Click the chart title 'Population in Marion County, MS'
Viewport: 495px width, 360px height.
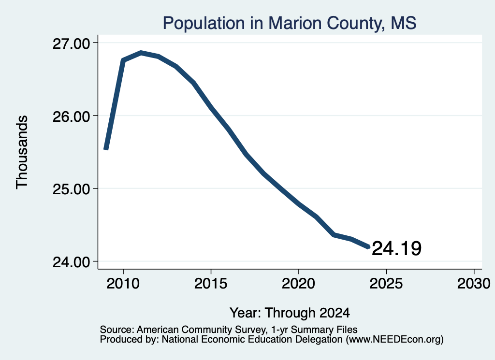(290, 23)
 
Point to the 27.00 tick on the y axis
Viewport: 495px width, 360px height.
(71, 43)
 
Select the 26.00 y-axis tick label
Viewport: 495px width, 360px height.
(71, 116)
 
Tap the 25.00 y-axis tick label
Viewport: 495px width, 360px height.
(71, 189)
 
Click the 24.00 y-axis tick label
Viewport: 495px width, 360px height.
(71, 262)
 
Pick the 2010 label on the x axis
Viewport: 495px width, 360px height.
(123, 283)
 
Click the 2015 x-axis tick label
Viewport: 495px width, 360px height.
(211, 283)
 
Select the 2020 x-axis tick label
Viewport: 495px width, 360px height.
(298, 283)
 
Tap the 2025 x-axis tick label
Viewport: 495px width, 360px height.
(386, 283)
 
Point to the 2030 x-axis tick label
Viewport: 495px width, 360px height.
(474, 283)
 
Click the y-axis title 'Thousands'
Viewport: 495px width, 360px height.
(22, 152)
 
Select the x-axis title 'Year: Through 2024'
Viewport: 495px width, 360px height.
(290, 313)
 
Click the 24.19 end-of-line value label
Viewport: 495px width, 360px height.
(396, 248)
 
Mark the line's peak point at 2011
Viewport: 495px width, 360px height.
(141, 53)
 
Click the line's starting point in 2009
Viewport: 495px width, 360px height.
(106, 149)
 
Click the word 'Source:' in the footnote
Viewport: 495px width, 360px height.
(117, 330)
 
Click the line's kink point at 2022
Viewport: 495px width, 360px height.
(334, 235)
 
